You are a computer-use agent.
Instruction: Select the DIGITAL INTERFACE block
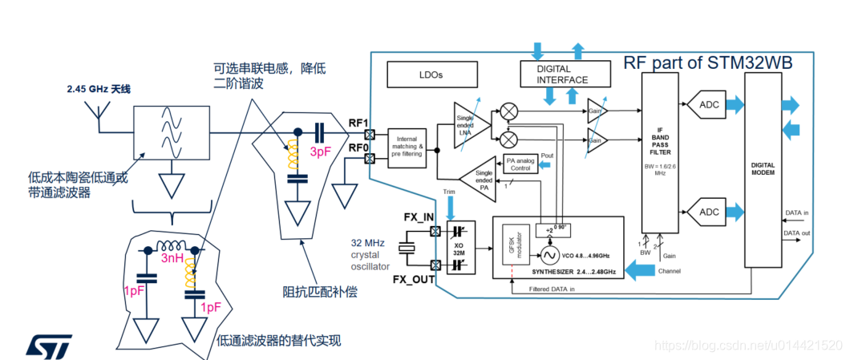tap(562, 75)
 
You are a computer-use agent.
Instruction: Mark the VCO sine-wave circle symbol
tap(550, 256)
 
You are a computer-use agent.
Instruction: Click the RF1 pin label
tap(358, 123)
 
